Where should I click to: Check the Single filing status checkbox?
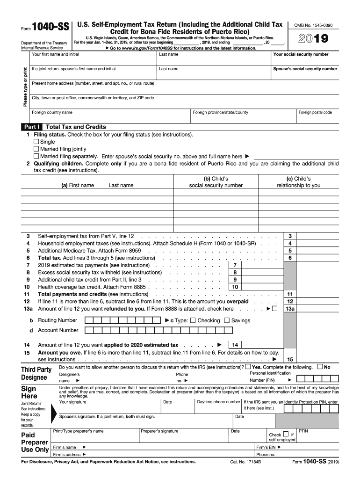(x=36, y=142)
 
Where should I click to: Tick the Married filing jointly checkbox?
(x=36, y=149)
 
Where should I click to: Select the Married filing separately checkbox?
(x=36, y=156)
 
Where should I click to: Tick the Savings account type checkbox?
(x=227, y=320)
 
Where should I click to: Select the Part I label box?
(x=32, y=127)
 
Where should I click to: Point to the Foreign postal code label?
(x=315, y=112)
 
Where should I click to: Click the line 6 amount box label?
(x=290, y=258)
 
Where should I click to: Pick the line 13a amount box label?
(x=290, y=309)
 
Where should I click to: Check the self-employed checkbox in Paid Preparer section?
(x=286, y=434)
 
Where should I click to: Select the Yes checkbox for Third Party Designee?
(x=248, y=367)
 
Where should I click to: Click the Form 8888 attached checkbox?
(x=274, y=309)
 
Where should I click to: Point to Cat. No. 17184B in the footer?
(x=245, y=462)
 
